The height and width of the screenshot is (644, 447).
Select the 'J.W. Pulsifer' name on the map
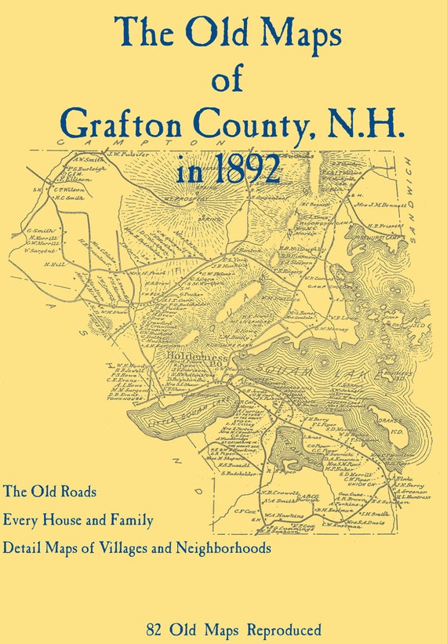point(109,154)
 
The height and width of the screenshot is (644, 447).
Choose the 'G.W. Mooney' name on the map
point(335,332)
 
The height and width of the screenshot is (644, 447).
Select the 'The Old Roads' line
point(49,493)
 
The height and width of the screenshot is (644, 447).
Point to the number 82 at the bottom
point(152,629)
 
